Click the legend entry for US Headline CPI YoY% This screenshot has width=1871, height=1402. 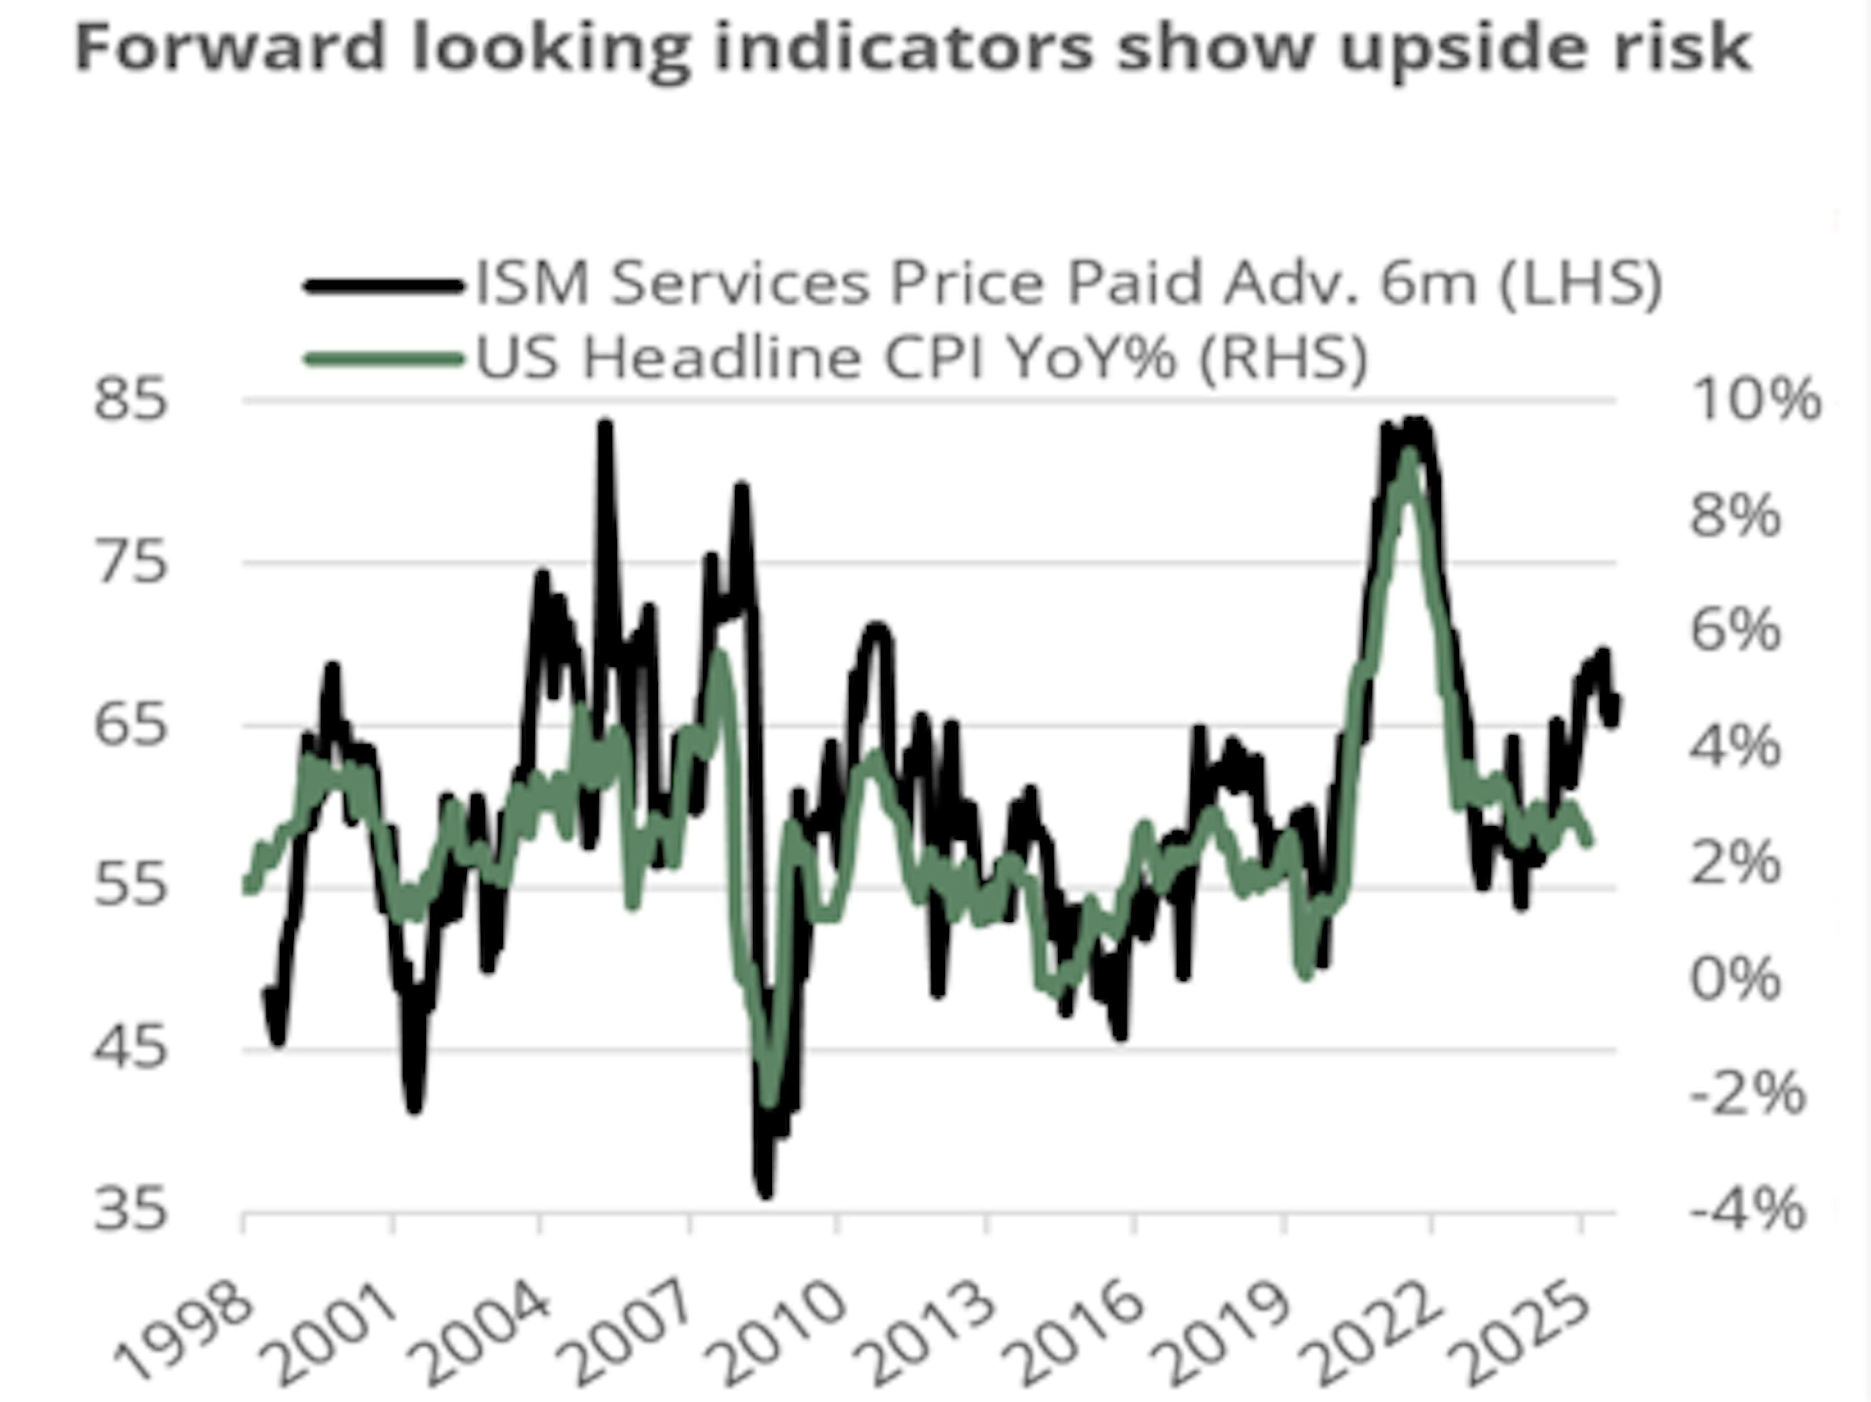point(922,358)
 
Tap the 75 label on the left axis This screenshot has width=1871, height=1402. point(131,562)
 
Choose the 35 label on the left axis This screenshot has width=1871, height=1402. point(131,1211)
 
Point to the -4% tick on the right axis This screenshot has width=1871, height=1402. point(1747,1211)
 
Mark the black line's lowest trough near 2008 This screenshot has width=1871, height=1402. point(765,1193)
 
